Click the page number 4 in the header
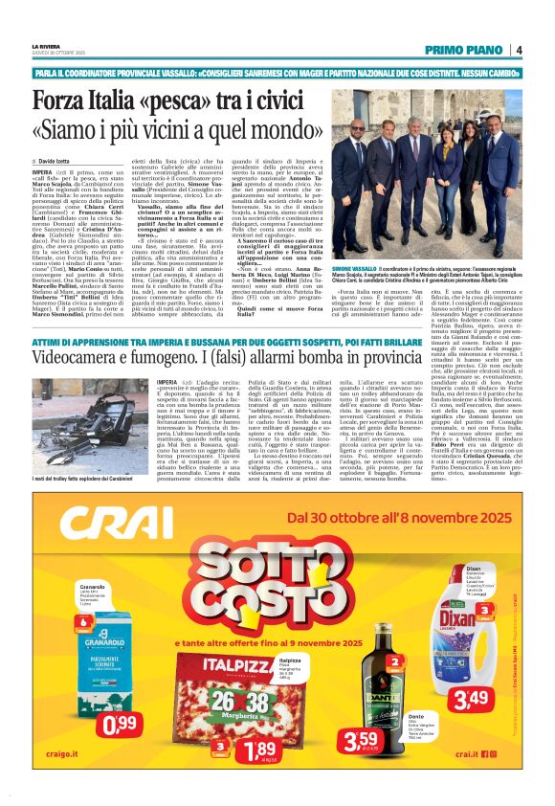(x=518, y=50)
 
